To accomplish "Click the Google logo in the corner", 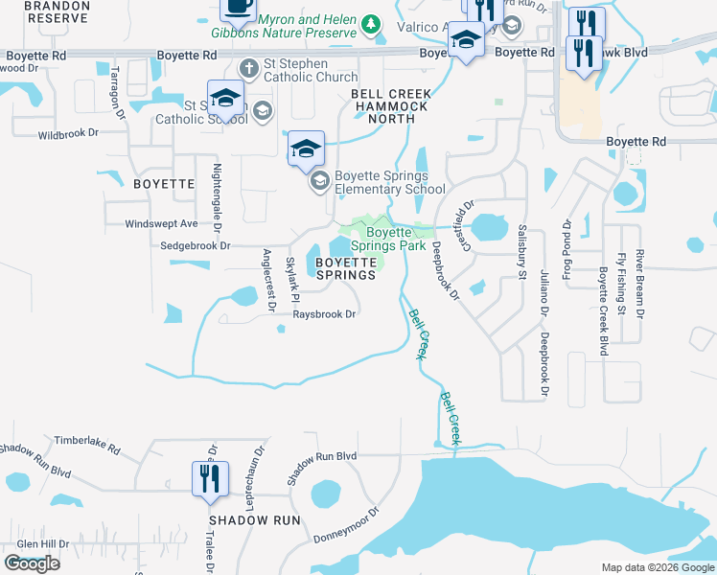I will [32, 563].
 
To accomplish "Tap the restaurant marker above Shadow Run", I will [210, 478].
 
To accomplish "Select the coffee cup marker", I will [237, 8].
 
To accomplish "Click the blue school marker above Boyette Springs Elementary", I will [306, 149].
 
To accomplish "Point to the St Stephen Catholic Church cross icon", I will [248, 67].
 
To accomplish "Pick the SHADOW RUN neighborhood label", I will [255, 520].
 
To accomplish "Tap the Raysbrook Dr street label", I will [324, 313].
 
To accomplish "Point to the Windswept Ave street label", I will [161, 223].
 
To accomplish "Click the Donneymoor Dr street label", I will [346, 525].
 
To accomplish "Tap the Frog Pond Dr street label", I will [567, 244].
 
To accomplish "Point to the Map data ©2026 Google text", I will [657, 567].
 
